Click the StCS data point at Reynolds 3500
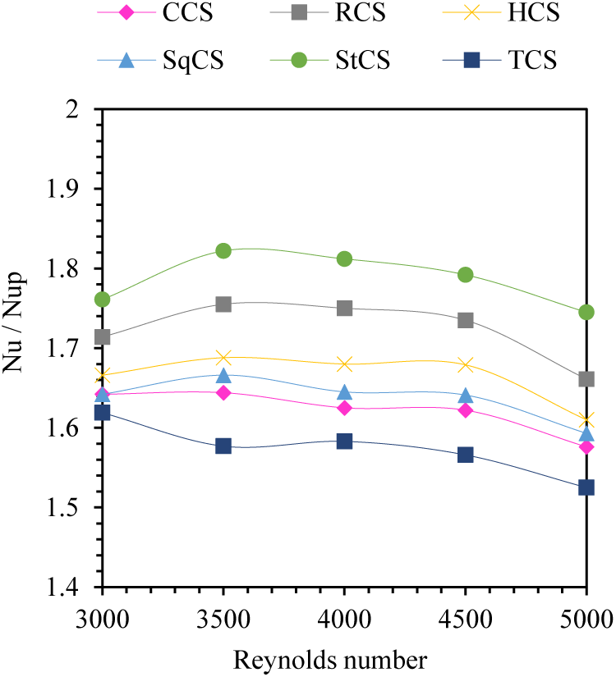tap(223, 250)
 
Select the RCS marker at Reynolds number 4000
tap(344, 308)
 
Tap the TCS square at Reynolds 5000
tap(586, 487)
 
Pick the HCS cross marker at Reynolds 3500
tap(223, 357)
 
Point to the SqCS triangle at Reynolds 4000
tap(344, 392)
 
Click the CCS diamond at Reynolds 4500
tap(466, 409)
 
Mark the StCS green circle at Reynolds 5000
tap(586, 312)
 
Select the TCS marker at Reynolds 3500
tap(223, 446)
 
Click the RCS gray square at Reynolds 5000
tap(586, 379)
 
